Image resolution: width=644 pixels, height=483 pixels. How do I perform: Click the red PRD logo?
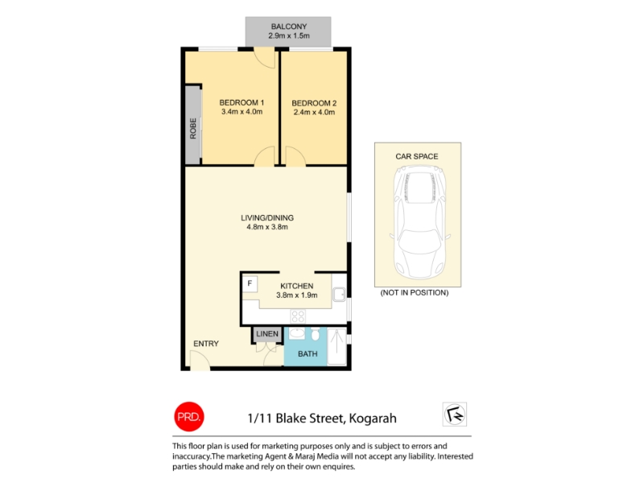coord(189,416)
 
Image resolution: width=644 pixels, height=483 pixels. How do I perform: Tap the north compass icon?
coord(455,414)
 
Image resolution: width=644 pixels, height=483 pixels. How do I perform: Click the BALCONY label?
coord(289,27)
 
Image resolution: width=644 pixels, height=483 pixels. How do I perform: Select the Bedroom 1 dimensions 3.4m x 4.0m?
coord(242,112)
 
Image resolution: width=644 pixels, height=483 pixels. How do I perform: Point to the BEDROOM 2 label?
coord(314,103)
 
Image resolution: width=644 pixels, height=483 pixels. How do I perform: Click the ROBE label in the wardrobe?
coord(193,129)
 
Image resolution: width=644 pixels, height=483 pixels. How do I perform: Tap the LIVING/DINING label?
coord(267,217)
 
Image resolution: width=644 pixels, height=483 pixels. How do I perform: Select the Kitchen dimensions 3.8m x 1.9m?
coord(297,295)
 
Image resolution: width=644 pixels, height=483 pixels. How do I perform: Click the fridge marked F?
coord(250,284)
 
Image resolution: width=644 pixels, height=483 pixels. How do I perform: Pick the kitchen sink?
coord(339,295)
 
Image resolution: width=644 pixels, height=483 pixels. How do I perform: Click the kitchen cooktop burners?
coord(298,316)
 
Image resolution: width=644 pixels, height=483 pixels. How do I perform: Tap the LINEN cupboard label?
coord(267,334)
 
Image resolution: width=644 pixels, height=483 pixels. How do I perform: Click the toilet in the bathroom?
coord(315,334)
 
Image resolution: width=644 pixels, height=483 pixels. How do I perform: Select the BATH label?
coord(308,353)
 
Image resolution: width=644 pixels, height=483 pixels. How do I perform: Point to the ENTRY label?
coord(206,344)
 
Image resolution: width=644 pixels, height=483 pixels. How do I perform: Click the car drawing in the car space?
coord(419,223)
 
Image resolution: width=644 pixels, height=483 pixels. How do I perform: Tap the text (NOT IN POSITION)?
coord(415,293)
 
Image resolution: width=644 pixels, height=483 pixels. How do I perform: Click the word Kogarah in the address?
coord(373,419)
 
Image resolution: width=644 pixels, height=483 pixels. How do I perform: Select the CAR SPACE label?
coord(417,156)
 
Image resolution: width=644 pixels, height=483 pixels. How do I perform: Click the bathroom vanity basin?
coord(297,333)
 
